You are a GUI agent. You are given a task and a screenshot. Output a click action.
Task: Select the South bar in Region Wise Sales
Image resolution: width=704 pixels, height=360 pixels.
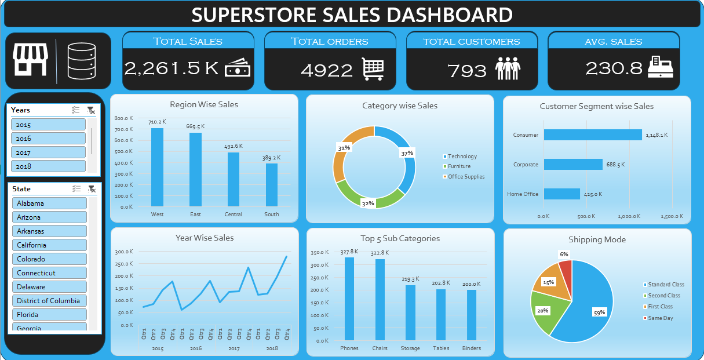pos(271,185)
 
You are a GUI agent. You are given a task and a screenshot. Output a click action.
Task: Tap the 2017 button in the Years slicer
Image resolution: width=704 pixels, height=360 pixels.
pos(48,152)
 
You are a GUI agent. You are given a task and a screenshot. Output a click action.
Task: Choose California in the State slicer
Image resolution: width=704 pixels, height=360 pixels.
pos(49,245)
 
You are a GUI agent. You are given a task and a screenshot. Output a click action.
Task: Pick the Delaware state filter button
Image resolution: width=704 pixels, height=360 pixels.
pos(49,287)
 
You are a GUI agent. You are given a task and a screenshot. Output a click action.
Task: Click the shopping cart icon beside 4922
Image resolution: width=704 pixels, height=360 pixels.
pos(373,69)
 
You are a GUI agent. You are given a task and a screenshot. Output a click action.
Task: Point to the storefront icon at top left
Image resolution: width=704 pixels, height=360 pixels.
pos(30,60)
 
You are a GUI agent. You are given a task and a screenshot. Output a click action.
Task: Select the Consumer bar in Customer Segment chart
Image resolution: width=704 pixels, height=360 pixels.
pos(592,135)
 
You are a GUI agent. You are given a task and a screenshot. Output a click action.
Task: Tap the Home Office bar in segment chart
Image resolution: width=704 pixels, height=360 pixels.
pos(561,194)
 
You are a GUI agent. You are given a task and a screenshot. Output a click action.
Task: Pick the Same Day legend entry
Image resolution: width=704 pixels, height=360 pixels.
pos(660,318)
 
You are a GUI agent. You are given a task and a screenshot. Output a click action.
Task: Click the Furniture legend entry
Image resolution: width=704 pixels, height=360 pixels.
pos(459,166)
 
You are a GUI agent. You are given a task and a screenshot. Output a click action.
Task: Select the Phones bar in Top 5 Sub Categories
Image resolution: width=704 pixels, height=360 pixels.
pos(349,299)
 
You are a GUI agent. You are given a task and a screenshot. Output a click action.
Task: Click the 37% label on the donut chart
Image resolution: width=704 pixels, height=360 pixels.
pos(407,153)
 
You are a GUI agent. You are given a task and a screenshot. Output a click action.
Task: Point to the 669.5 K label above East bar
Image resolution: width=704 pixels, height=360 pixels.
pos(195,126)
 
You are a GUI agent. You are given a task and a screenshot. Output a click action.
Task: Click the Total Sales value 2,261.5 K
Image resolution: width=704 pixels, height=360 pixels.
pos(172,68)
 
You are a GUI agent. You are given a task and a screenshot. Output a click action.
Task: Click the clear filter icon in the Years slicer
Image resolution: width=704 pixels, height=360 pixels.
pos(90,110)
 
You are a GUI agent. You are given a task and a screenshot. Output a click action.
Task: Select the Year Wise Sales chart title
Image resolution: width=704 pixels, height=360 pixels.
pos(205,238)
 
